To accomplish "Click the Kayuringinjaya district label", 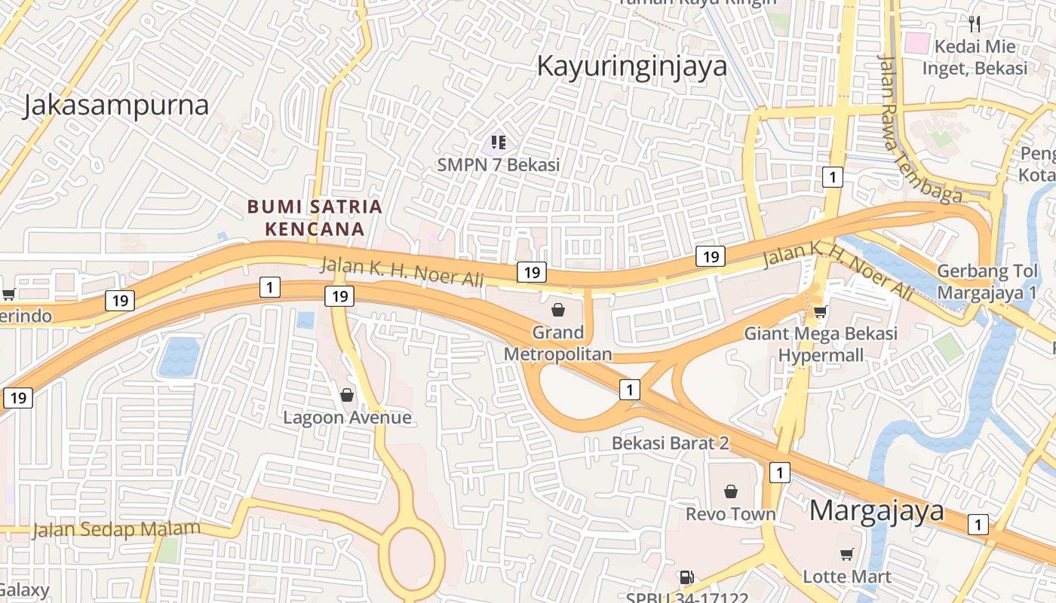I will [631, 66].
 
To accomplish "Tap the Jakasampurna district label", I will [115, 105].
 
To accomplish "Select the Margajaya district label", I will [876, 511].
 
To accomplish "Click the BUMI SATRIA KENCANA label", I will [315, 217].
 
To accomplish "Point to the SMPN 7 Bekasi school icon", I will [498, 142].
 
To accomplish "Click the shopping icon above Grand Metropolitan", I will [558, 310].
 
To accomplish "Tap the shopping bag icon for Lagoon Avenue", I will [346, 395].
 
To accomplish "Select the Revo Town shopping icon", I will [730, 492].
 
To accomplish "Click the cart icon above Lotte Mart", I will [846, 555].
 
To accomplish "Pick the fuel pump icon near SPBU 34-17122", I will [686, 578].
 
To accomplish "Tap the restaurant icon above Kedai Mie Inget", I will [975, 24].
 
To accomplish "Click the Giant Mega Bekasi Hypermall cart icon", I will [820, 311].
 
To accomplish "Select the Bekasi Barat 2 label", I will [670, 443].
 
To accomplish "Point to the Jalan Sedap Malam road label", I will [116, 528].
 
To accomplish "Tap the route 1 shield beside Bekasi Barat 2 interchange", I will [629, 390].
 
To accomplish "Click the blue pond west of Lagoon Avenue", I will [179, 357].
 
